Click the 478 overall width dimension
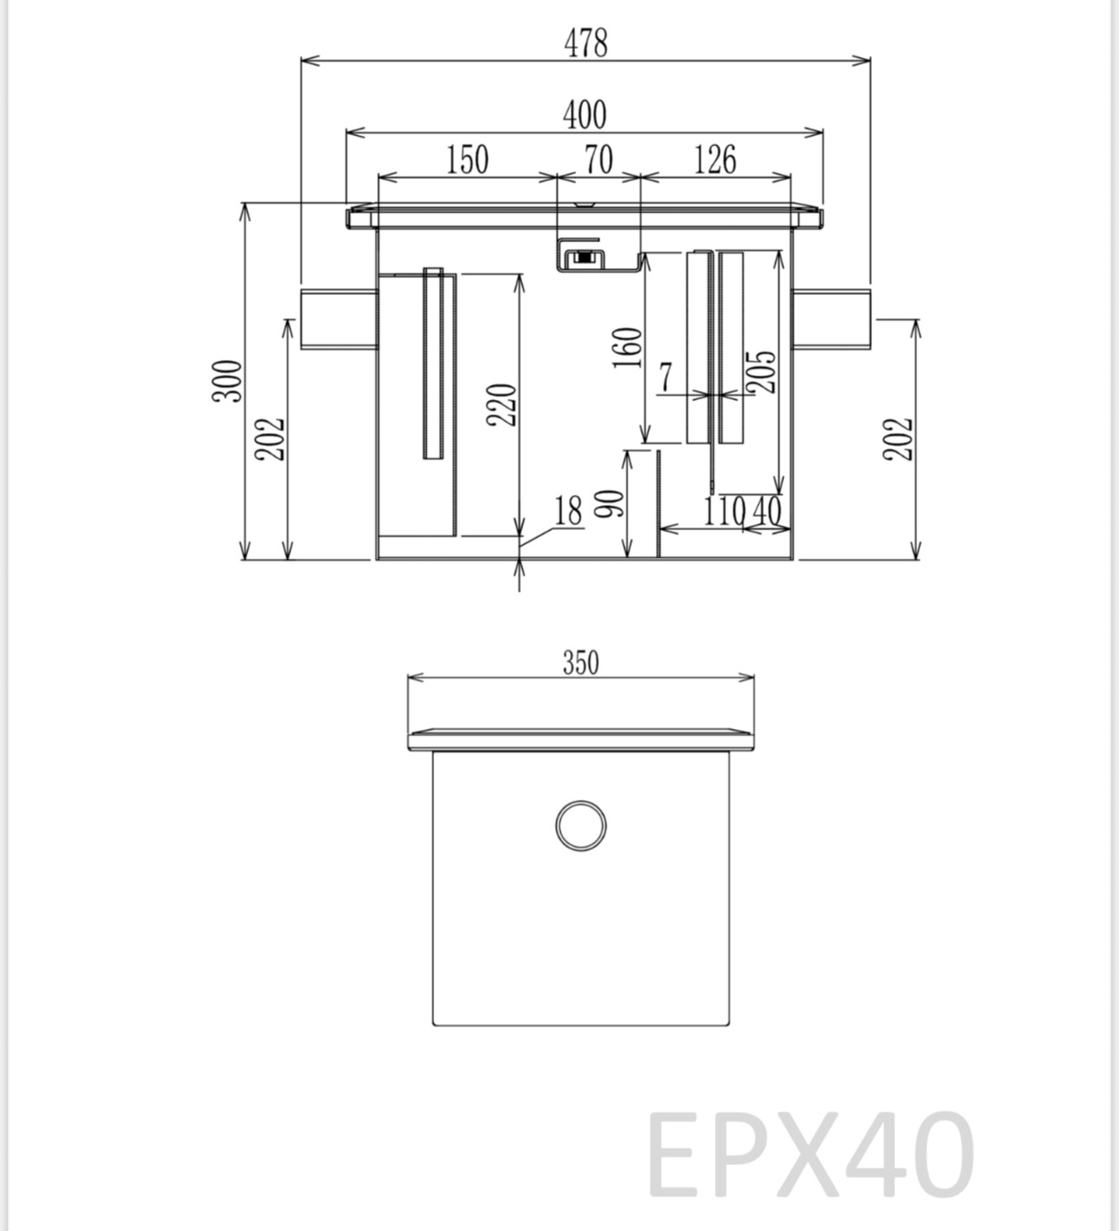(x=586, y=43)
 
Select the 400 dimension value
(x=585, y=115)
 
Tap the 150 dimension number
(x=468, y=160)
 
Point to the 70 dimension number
(x=598, y=160)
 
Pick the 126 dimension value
(x=716, y=160)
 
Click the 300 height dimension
(x=227, y=381)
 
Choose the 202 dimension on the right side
(x=901, y=439)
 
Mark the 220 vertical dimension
(x=502, y=404)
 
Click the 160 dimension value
(x=628, y=347)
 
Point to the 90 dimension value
(x=611, y=504)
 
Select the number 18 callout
(x=568, y=511)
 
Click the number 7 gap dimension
(x=665, y=377)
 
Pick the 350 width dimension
(x=580, y=663)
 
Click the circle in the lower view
(x=580, y=826)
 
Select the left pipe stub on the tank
(x=339, y=319)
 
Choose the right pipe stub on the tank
(x=832, y=319)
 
